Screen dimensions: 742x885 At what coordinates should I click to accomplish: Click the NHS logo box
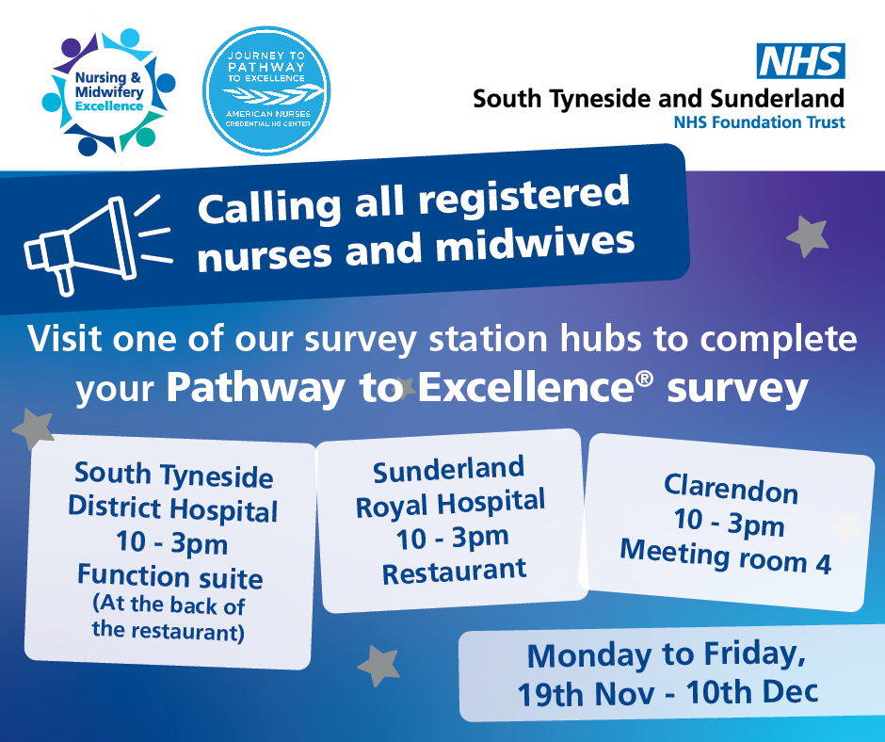click(802, 61)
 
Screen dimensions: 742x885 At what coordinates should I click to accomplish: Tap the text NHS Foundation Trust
click(759, 121)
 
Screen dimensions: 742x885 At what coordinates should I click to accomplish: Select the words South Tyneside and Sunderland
click(658, 98)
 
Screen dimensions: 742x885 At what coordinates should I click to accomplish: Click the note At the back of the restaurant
click(169, 618)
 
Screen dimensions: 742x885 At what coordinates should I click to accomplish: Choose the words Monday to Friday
click(667, 654)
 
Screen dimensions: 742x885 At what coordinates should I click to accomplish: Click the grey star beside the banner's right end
click(807, 235)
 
